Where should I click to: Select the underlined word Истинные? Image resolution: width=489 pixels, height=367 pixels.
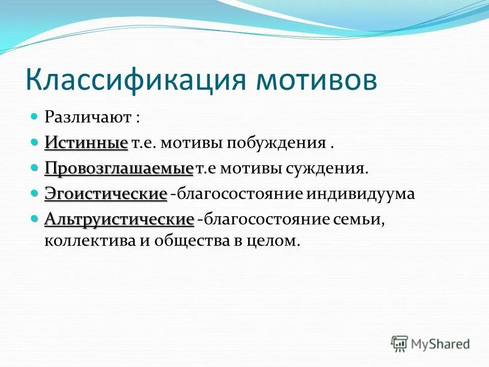[x=86, y=142]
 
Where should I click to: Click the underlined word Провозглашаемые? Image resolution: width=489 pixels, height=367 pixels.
[x=119, y=168]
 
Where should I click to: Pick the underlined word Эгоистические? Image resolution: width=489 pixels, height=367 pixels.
[x=106, y=194]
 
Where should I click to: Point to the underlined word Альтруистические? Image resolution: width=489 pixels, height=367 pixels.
[x=119, y=220]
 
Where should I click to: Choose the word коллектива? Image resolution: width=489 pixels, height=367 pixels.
[x=88, y=241]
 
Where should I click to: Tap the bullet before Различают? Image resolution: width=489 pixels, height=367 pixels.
[x=35, y=116]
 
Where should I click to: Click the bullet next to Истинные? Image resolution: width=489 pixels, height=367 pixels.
[x=35, y=142]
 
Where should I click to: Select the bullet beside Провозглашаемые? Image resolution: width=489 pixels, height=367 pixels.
[x=35, y=167]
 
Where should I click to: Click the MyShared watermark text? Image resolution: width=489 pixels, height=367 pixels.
[x=440, y=344]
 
